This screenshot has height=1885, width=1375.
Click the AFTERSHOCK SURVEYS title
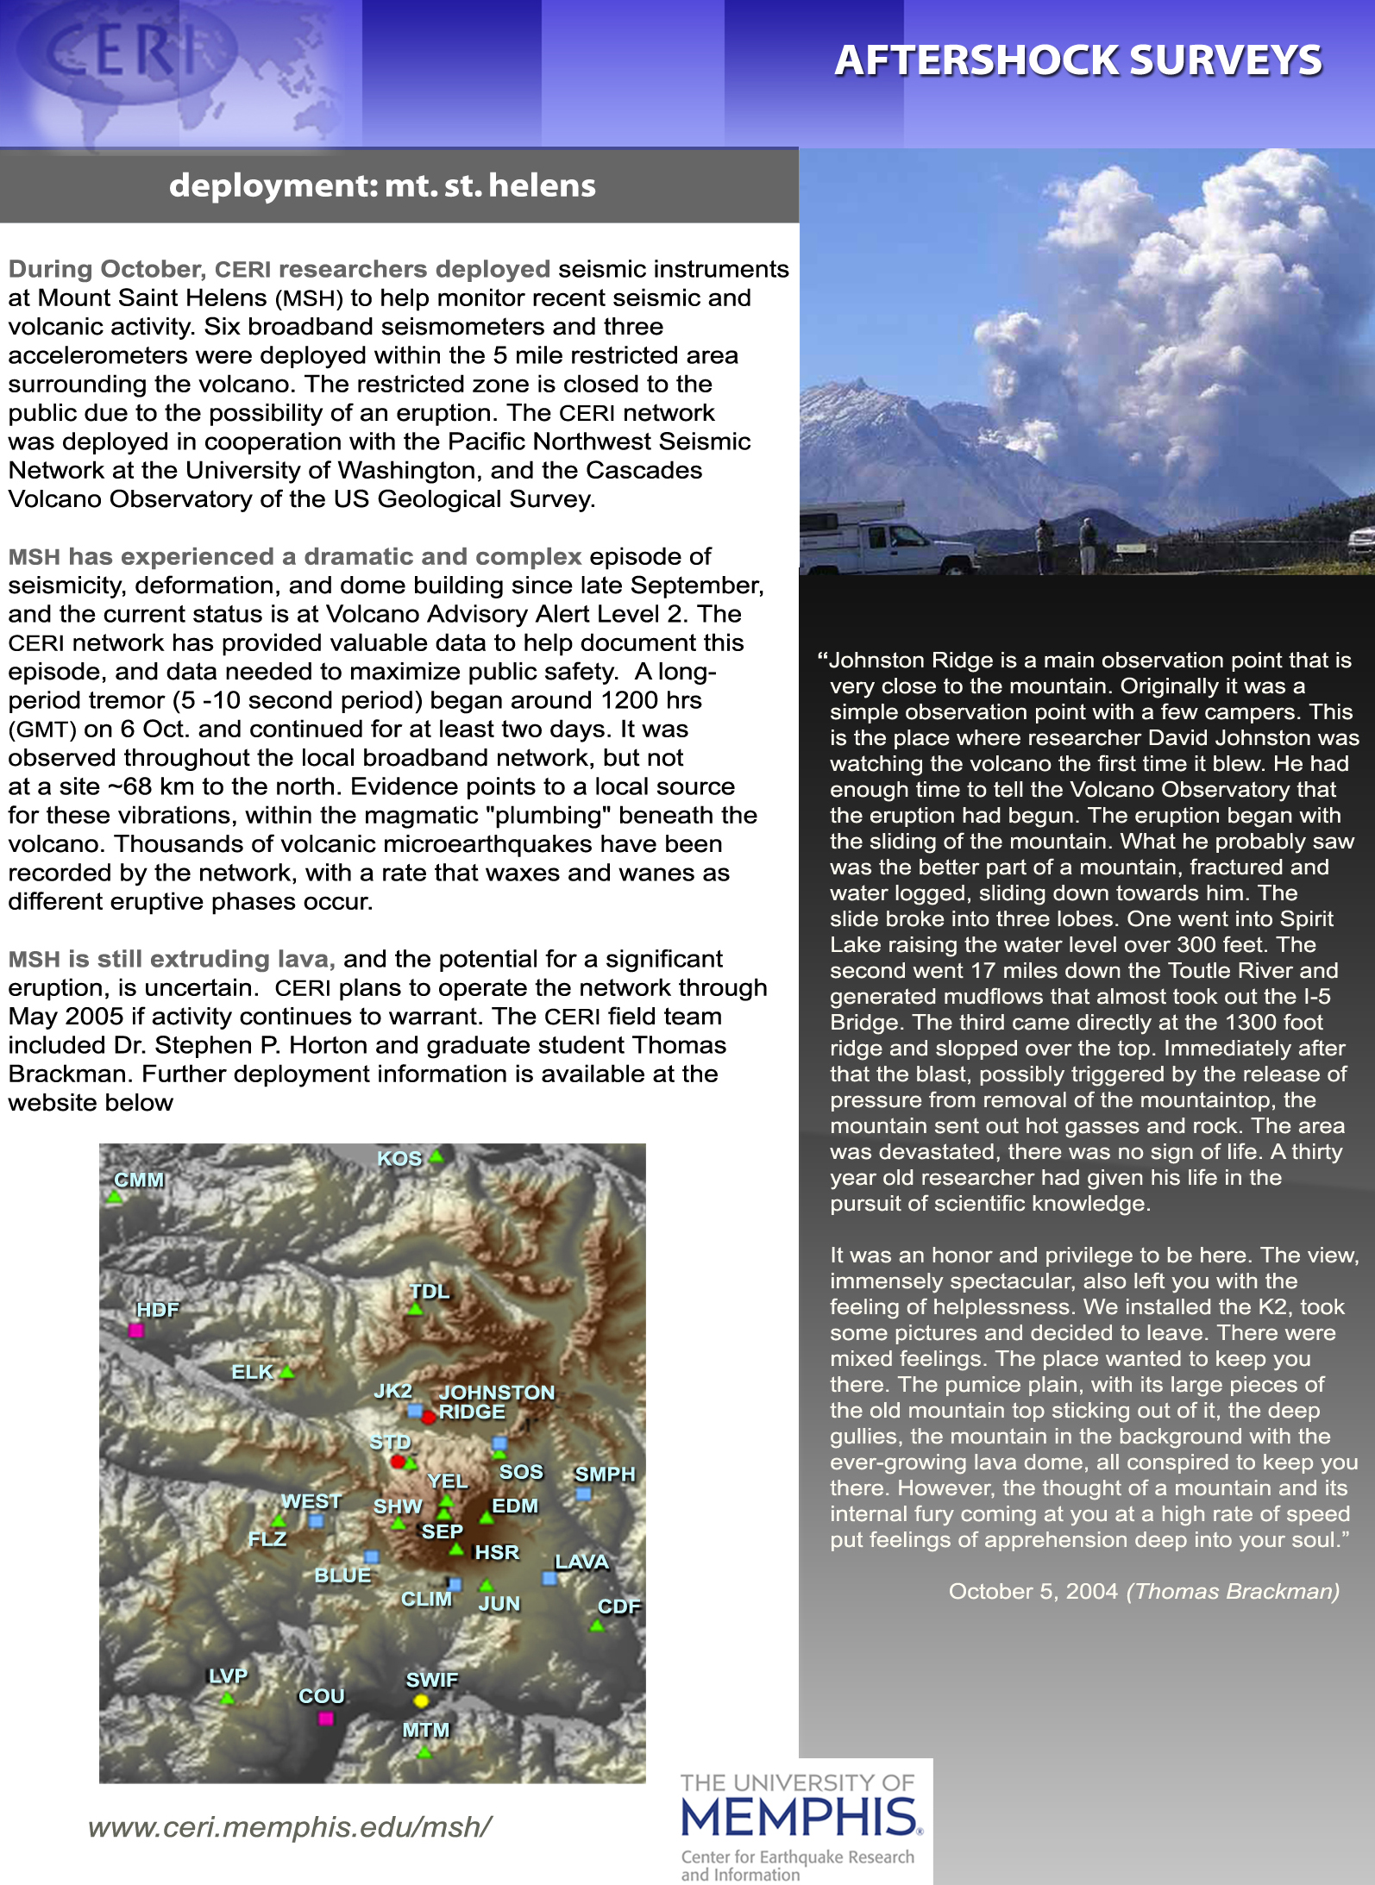1077,60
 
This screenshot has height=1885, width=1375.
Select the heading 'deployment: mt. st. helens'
382,185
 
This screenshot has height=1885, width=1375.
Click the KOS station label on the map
399,1158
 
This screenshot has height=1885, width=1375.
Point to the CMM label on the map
139,1179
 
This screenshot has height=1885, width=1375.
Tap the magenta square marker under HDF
135,1331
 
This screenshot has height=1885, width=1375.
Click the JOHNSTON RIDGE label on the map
495,1402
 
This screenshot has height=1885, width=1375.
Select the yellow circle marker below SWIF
421,1700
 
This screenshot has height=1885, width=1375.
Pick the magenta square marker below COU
325,1718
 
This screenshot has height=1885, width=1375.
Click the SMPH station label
605,1474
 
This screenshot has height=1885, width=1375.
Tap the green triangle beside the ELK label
287,1372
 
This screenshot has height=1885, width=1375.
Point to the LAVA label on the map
581,1562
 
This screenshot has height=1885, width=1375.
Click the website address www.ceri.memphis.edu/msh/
290,1826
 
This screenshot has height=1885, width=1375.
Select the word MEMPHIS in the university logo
800,1816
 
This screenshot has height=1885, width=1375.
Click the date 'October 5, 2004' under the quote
1033,1591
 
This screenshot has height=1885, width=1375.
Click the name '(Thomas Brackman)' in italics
1233,1591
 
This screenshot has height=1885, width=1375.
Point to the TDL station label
430,1291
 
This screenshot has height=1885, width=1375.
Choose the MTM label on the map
426,1729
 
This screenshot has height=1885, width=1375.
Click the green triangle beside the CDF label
597,1625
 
